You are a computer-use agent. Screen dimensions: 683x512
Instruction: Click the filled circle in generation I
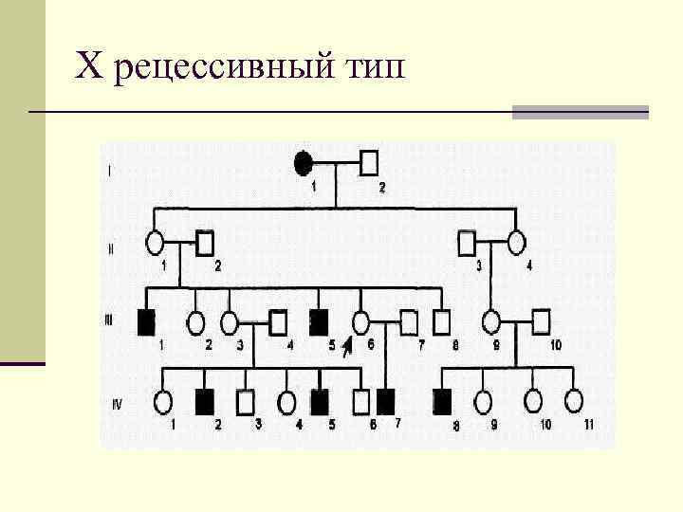[303, 162]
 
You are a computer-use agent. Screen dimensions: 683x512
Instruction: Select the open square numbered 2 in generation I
[370, 162]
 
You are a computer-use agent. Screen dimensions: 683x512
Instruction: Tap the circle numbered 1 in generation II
[156, 244]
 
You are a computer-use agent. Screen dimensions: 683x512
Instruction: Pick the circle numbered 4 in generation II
[516, 243]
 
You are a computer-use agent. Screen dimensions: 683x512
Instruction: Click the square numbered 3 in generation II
[467, 243]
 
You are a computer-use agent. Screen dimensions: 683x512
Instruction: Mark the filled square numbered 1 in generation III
[147, 322]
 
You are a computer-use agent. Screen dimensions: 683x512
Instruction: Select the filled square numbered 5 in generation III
[320, 322]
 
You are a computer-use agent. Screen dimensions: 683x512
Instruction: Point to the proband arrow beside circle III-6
[347, 346]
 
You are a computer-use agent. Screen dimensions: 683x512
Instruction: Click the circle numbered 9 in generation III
[493, 322]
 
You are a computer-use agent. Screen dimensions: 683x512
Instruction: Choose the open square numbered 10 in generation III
[541, 322]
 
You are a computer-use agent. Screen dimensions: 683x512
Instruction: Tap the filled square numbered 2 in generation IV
[205, 402]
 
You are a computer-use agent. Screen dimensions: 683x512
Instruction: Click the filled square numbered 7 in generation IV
[386, 402]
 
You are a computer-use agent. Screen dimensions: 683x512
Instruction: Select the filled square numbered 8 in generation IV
[442, 402]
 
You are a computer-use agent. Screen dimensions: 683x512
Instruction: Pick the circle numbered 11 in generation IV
[573, 402]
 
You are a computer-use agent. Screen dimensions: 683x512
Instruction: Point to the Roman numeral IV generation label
[116, 405]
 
